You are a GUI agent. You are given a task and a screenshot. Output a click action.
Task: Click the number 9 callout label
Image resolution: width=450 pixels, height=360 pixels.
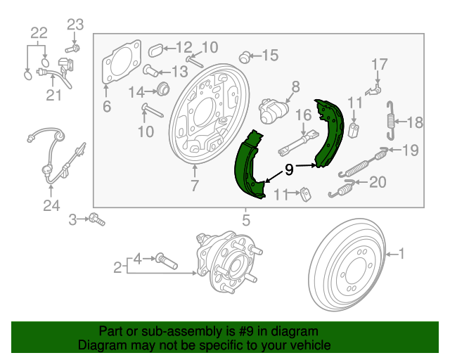pyautogui.click(x=288, y=169)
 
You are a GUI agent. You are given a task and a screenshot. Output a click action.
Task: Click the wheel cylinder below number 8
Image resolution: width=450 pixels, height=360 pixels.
pyautogui.click(x=274, y=110)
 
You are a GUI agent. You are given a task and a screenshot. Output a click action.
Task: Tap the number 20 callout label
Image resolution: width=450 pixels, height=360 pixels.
pyautogui.click(x=378, y=183)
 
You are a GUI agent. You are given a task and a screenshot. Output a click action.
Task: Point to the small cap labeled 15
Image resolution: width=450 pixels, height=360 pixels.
pyautogui.click(x=245, y=56)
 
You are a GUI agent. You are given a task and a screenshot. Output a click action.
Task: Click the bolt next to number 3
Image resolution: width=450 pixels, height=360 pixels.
pyautogui.click(x=96, y=221)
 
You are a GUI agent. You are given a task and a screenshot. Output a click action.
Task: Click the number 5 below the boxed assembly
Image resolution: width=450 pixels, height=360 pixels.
pyautogui.click(x=246, y=220)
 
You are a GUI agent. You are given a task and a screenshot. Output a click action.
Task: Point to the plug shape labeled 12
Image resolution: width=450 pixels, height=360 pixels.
pyautogui.click(x=157, y=49)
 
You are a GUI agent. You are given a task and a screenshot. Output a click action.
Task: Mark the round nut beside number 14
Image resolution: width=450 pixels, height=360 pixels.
pyautogui.click(x=162, y=89)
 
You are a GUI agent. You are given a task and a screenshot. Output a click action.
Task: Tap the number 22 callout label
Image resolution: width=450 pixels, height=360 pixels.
pyautogui.click(x=39, y=32)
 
